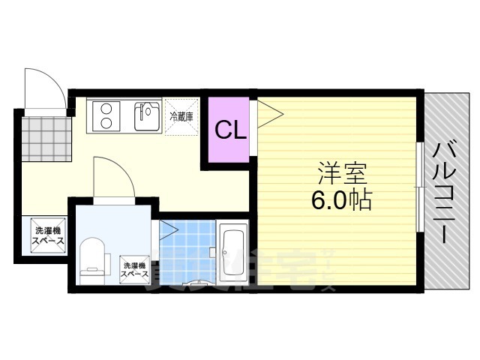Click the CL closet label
pos(230,130)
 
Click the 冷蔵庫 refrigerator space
pos(181,117)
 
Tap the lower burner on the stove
pos(106,124)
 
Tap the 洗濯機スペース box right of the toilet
pos(135,270)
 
